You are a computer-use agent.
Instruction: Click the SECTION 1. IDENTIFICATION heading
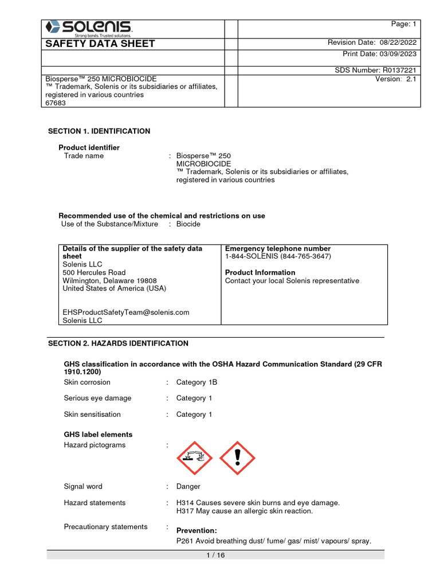click(99, 131)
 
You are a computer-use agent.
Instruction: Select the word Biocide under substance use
click(188, 224)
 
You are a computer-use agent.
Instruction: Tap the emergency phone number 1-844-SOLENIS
click(278, 257)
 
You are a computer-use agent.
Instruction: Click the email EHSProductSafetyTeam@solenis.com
click(125, 312)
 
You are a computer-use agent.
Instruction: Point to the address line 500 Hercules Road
click(94, 273)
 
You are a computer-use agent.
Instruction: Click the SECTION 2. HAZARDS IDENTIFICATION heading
click(117, 343)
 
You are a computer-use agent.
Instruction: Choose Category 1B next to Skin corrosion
click(197, 382)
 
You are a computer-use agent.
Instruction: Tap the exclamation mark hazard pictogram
click(237, 458)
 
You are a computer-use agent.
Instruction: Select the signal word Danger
click(188, 487)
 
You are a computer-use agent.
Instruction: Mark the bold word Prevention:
click(197, 530)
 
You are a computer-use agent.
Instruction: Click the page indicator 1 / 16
click(215, 555)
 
